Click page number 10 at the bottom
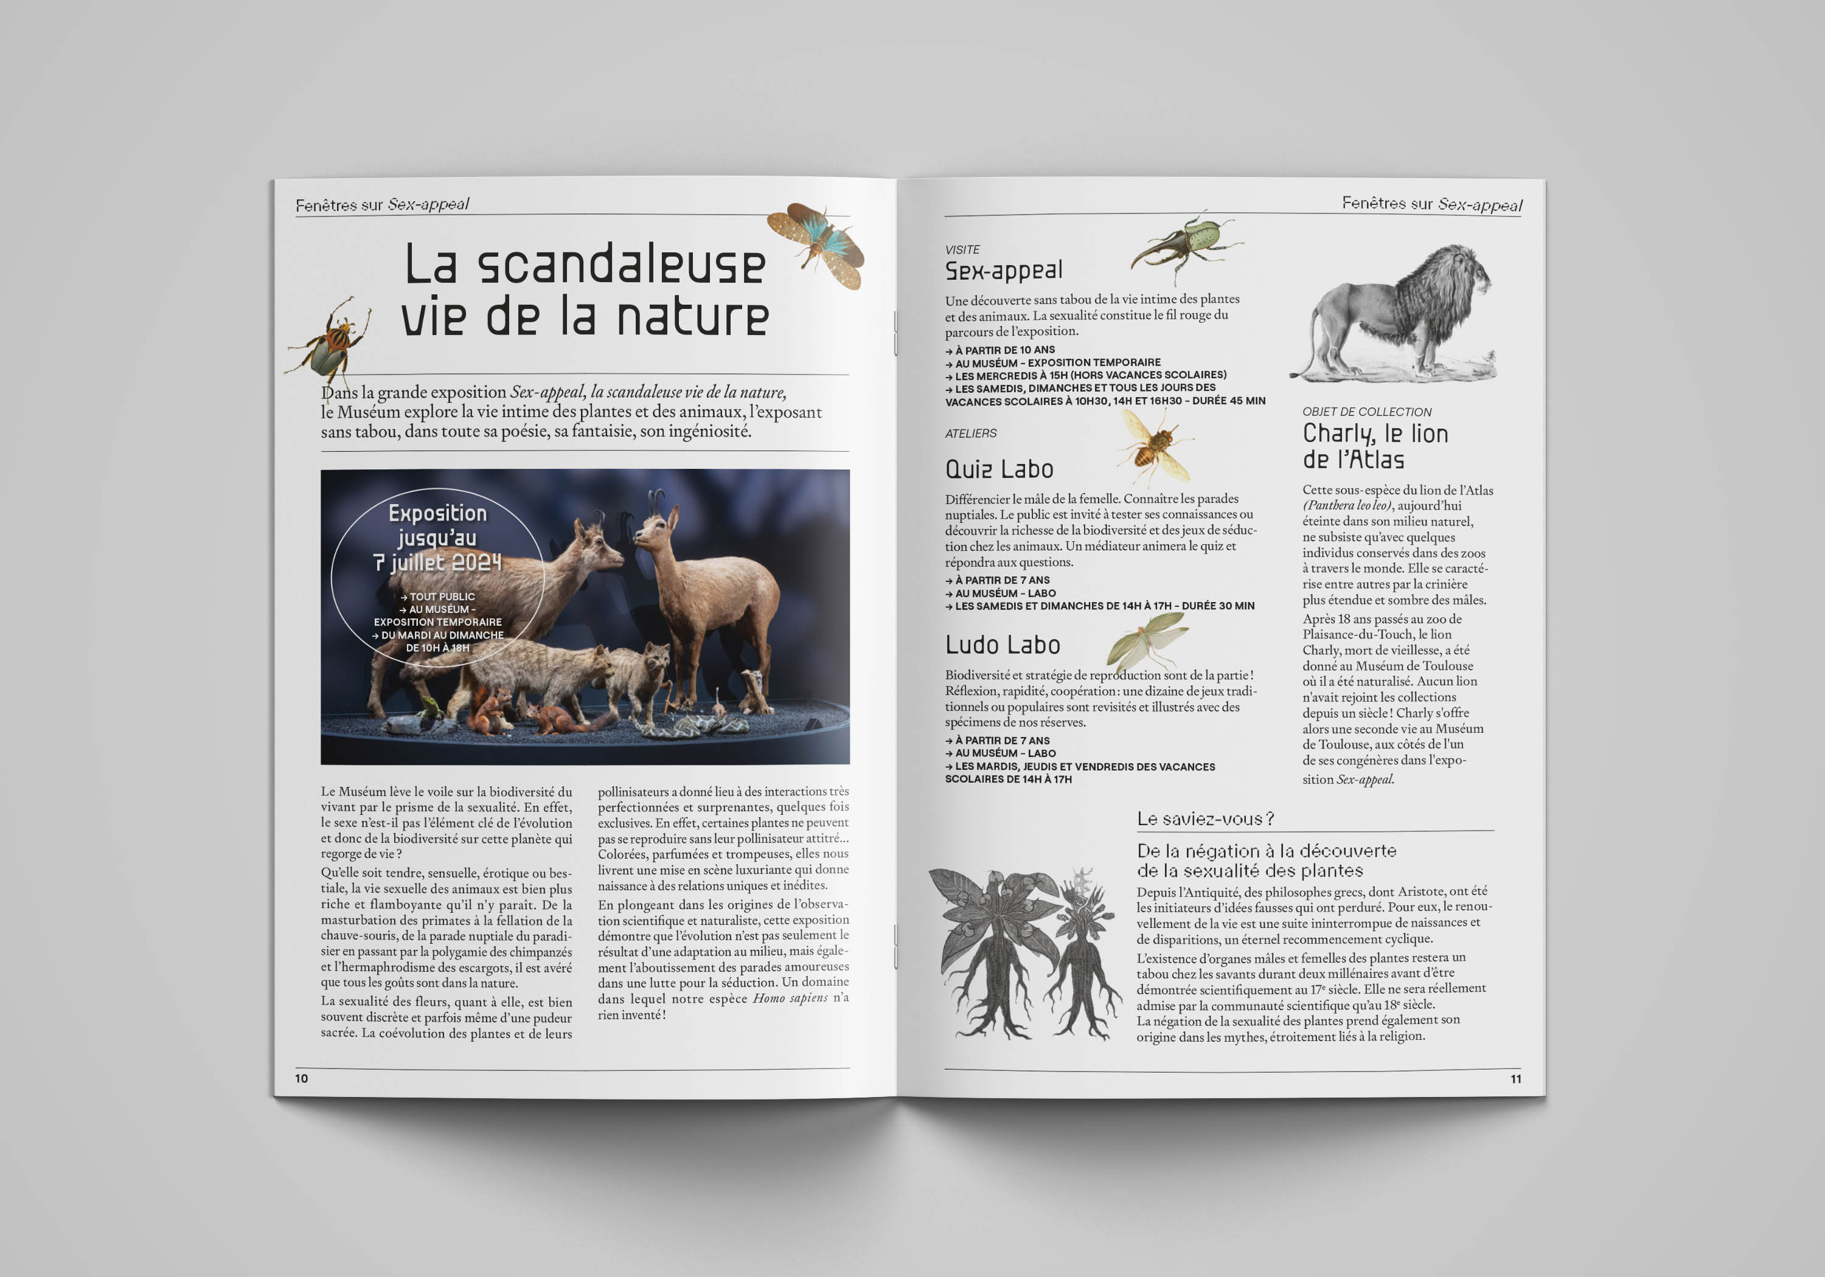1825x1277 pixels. (301, 1078)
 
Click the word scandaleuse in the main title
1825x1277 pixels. (620, 265)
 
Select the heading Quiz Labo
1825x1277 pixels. (999, 469)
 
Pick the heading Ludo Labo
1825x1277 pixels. (1003, 645)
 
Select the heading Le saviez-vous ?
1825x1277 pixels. (1205, 819)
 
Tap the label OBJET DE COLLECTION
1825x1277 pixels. (1366, 412)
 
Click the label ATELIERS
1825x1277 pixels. (970, 433)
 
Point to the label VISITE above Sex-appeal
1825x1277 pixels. (962, 249)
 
